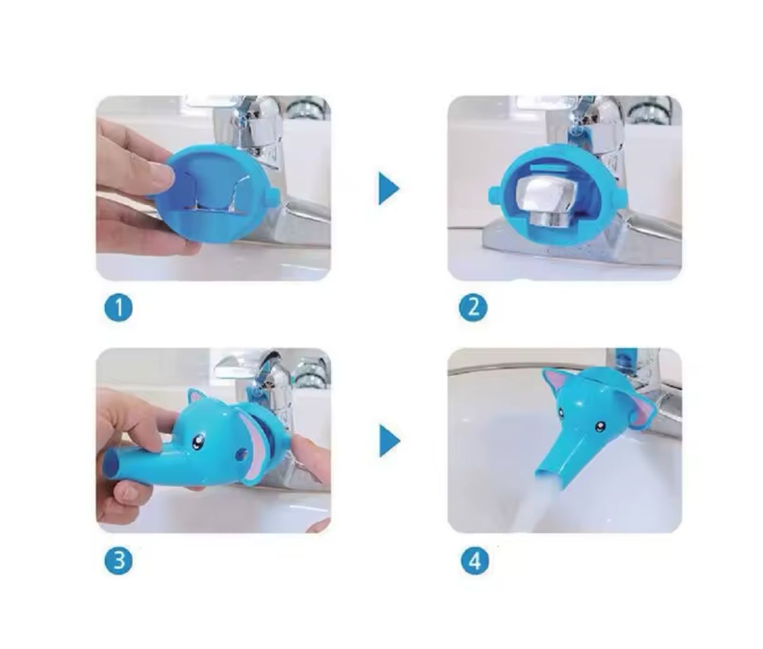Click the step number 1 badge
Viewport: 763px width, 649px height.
coord(118,307)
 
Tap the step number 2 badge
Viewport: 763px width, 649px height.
coord(473,307)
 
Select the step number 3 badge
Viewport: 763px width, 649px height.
coord(118,560)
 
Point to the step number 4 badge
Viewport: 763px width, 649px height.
coord(475,561)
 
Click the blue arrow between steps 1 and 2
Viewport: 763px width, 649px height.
coord(389,188)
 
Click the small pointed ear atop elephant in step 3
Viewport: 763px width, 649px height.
coord(196,399)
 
